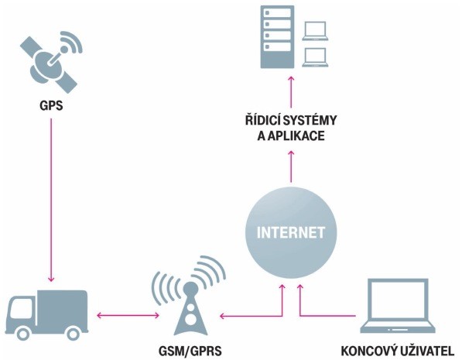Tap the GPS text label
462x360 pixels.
coord(51,105)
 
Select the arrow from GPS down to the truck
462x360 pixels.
coord(51,201)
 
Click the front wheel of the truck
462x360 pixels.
coord(23,334)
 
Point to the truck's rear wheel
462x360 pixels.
coord(72,334)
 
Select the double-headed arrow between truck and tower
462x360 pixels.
coord(128,315)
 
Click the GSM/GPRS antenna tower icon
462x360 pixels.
coord(189,296)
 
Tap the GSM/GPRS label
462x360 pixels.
coord(190,351)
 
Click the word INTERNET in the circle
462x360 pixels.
coord(291,232)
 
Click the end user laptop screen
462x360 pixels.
coord(398,301)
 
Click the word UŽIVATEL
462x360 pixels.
coord(427,351)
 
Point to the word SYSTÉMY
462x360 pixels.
coord(310,120)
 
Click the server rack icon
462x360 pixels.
coord(277,37)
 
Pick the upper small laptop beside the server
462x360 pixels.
coord(315,31)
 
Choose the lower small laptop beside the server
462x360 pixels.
coord(315,57)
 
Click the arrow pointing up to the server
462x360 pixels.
coord(291,91)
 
